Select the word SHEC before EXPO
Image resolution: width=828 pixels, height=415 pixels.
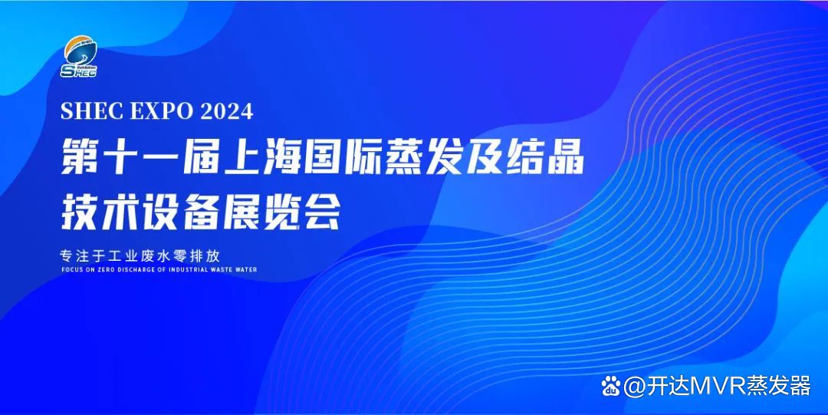[91, 111]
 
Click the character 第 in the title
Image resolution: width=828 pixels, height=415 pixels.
[79, 156]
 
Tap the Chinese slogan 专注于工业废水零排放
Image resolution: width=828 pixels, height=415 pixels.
[140, 256]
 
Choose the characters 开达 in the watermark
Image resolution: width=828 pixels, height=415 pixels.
[669, 386]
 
